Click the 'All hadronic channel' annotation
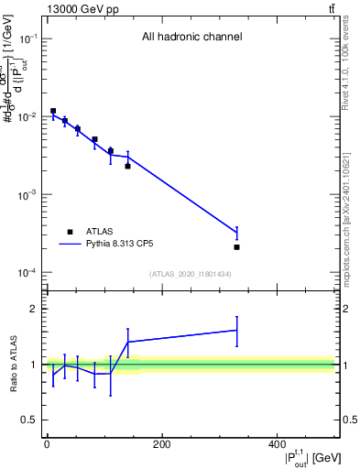pos(191,37)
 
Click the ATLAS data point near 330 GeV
pos(236,247)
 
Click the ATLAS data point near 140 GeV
pos(128,166)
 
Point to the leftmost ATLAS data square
pos(53,111)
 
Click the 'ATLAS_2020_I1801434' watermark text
pos(191,274)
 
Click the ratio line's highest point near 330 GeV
pos(236,330)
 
